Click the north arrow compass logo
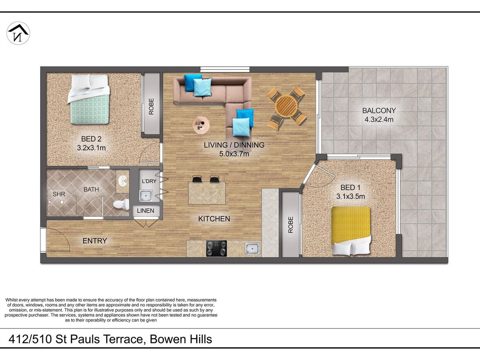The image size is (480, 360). tap(18, 33)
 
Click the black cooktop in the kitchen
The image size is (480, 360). tap(216, 248)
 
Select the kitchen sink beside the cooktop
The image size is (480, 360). tap(252, 249)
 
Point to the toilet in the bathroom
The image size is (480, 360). tap(121, 204)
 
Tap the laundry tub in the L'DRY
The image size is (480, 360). tap(146, 196)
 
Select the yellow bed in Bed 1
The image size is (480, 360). tap(351, 231)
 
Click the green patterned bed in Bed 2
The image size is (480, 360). tap(89, 99)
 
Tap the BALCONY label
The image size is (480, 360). tap(379, 110)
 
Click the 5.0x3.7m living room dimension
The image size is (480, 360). tap(234, 154)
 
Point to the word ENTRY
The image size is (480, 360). tap(95, 241)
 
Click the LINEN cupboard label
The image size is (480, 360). tap(146, 211)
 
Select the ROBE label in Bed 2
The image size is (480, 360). tap(151, 106)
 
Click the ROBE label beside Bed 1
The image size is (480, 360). tap(291, 225)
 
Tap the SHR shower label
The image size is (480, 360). tap(59, 194)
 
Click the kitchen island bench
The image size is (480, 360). tap(207, 193)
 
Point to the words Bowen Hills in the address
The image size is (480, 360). tap(181, 339)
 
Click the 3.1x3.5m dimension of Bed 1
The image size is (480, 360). tap(350, 196)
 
